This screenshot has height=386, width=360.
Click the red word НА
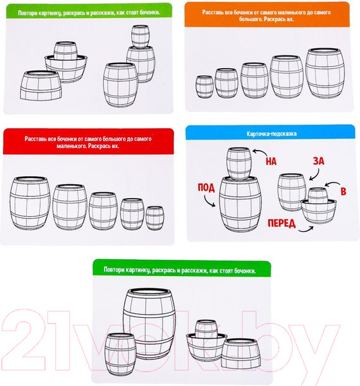point(271,161)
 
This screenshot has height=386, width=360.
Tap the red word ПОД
point(206,188)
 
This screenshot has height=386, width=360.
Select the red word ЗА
point(319,161)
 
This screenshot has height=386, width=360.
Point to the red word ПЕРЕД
point(282,223)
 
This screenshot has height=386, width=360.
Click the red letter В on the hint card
point(343,192)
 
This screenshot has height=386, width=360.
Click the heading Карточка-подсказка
point(271,134)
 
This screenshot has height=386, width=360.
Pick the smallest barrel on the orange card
point(204,87)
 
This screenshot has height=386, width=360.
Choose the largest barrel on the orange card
point(325,73)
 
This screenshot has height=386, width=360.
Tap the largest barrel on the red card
point(30,203)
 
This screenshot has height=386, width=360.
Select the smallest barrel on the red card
point(155,218)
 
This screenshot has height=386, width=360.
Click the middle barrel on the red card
point(103,211)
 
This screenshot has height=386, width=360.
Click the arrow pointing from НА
point(259,151)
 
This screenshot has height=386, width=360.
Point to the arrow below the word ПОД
point(209,202)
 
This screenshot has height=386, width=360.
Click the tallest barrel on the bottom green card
point(149,324)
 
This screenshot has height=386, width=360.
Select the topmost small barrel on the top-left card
point(140,37)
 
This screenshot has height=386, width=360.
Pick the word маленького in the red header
point(71,146)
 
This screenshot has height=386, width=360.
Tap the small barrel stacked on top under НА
point(239,163)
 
